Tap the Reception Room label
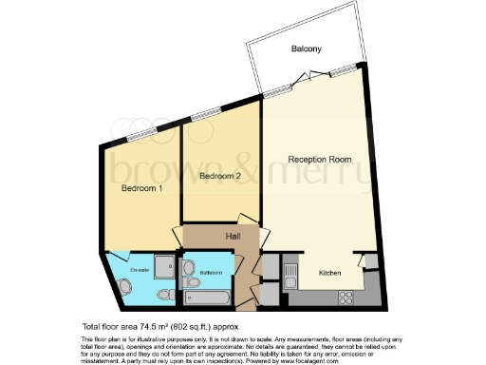coord(320,160)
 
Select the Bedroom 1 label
coord(140,188)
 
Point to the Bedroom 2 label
coord(220,177)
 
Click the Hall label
coord(233,237)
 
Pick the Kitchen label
coord(329,273)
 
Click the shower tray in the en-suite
coord(162,265)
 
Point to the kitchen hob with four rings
coord(346,296)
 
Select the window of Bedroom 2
coord(205,116)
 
